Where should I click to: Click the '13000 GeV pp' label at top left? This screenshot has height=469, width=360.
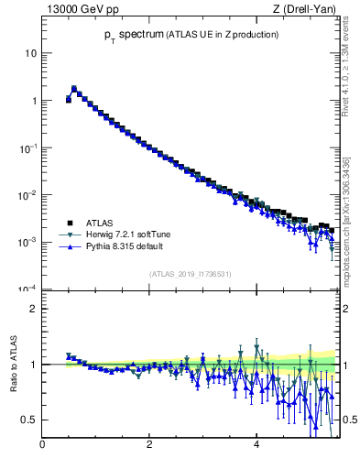(80, 9)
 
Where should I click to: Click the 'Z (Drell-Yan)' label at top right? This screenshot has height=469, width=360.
(305, 9)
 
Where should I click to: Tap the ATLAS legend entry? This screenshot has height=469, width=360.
(100, 223)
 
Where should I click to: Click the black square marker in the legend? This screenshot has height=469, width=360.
(70, 223)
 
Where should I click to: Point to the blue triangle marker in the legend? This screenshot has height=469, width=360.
(70, 246)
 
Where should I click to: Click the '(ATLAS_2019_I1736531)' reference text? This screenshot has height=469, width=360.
(191, 274)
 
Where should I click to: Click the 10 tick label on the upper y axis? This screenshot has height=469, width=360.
(30, 53)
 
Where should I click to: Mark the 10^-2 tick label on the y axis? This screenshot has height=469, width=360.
(28, 195)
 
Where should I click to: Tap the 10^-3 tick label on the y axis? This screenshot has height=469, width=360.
(28, 243)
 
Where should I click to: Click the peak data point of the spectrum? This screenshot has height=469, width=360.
(74, 89)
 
